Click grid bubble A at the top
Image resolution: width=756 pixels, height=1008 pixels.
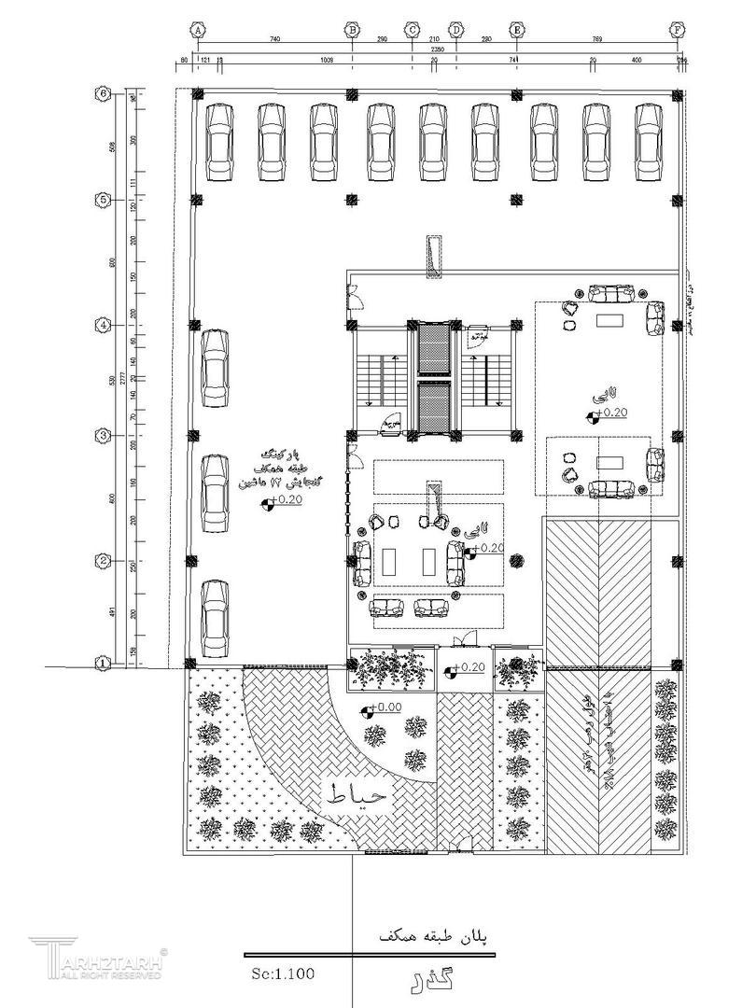198,29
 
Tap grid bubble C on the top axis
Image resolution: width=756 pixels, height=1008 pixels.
412,29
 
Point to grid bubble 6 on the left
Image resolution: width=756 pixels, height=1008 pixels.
105,93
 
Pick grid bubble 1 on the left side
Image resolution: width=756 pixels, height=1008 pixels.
105,663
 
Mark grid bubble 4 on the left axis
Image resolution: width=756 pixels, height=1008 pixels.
105,326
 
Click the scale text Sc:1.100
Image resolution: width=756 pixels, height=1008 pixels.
283,973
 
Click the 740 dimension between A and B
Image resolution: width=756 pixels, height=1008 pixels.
274,41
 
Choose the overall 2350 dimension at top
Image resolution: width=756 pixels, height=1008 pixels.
436,50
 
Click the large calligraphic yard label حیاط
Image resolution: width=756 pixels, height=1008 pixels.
359,795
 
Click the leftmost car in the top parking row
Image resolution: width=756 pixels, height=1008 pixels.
219,141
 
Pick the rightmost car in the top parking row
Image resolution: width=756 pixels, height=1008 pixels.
649,141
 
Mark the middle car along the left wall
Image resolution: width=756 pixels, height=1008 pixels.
216,492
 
